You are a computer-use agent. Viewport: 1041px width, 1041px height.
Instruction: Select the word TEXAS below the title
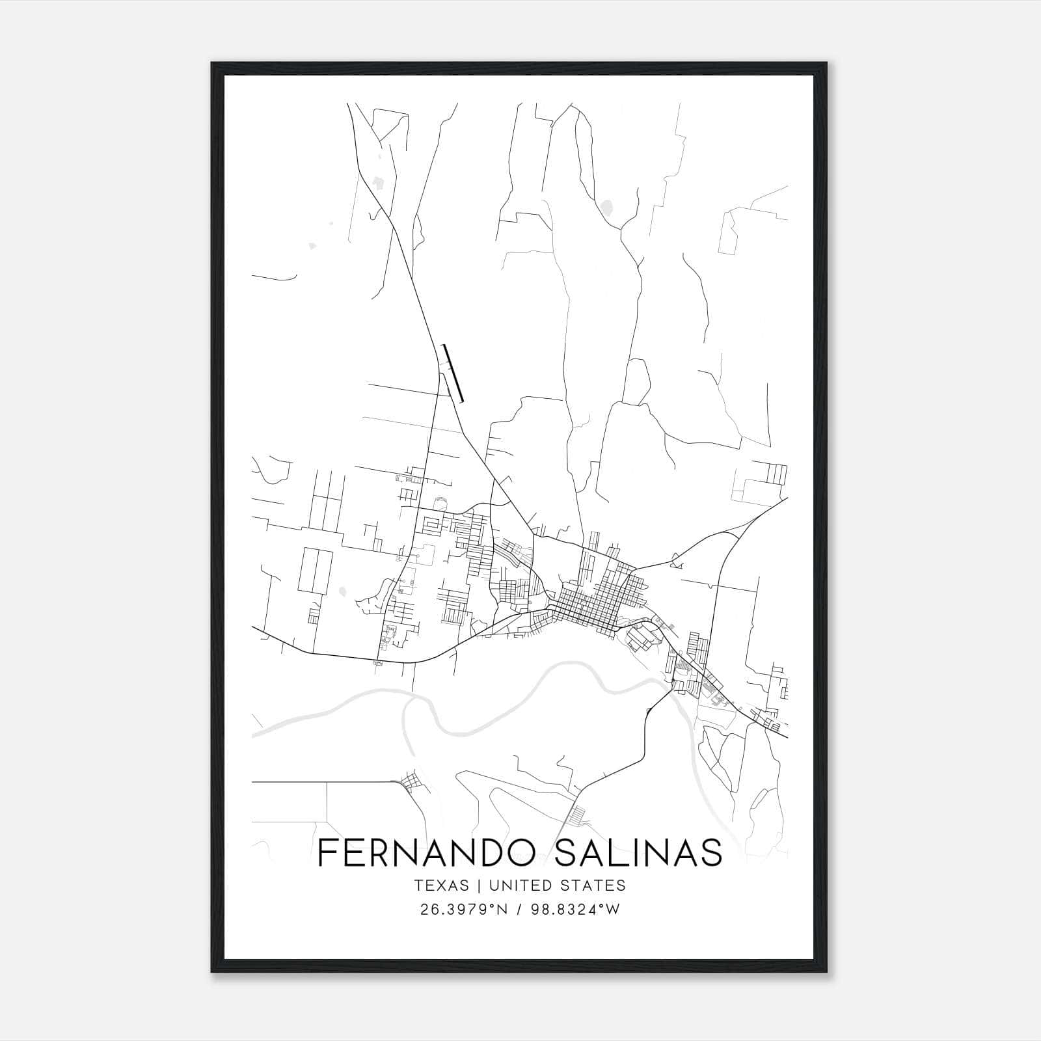point(440,886)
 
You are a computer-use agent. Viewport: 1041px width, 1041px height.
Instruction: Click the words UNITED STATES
point(557,886)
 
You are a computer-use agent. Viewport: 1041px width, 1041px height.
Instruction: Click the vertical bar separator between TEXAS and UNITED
point(478,886)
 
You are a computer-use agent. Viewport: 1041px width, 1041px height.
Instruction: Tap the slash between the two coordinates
point(519,910)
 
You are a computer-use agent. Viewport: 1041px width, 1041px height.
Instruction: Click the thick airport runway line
point(453,373)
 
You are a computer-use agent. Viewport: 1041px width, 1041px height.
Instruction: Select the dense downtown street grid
point(595,595)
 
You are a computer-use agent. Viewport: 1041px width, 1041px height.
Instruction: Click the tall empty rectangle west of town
point(316,571)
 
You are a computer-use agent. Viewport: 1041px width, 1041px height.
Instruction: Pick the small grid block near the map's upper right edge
point(777,474)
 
